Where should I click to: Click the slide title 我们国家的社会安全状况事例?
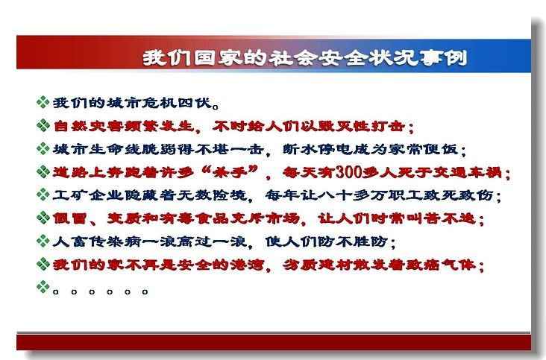(304, 57)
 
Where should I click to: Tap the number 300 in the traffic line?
(348, 172)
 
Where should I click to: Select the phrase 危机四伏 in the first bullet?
(178, 104)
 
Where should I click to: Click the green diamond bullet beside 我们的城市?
(43, 102)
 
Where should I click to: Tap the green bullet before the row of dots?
(43, 287)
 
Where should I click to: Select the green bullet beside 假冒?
(43, 218)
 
